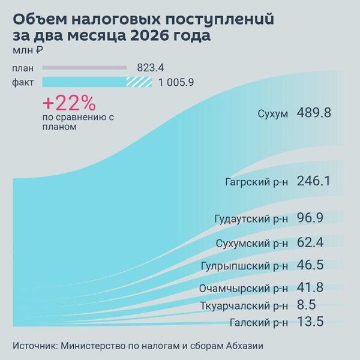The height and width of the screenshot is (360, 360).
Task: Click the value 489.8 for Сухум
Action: (314, 113)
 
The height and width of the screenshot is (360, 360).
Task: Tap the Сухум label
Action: (272, 114)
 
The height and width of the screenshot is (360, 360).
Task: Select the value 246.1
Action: (314, 181)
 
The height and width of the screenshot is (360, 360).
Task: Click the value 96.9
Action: (310, 218)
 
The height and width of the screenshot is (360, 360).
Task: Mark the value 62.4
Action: (310, 242)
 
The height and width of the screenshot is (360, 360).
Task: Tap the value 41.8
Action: (310, 287)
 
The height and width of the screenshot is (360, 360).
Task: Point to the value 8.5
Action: (306, 305)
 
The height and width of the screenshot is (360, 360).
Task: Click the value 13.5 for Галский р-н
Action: (310, 322)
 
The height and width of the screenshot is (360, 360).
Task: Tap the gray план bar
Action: (85, 68)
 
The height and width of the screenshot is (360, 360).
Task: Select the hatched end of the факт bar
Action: (139, 82)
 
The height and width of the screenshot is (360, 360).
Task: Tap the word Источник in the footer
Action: (34, 346)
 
